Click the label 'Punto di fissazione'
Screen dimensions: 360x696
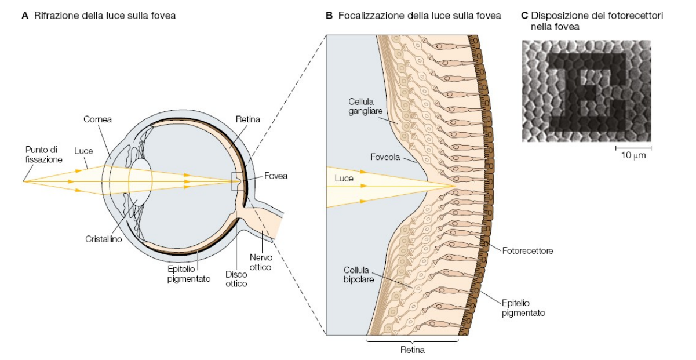41,154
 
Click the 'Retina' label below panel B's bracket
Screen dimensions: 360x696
411,350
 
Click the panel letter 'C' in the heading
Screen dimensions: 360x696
525,16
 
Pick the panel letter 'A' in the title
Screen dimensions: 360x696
25,16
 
